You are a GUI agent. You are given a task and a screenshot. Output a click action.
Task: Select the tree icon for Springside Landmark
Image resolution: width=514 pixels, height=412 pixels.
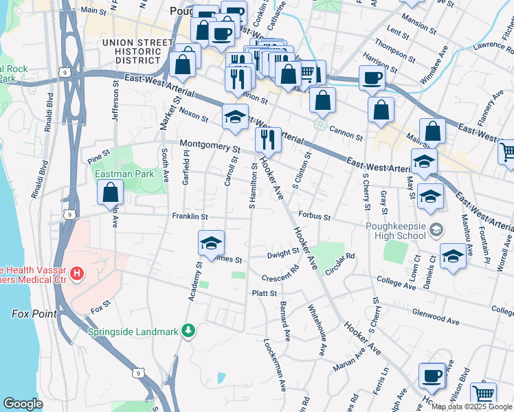(188, 332)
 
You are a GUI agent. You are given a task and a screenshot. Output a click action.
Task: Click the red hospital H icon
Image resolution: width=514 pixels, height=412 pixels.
(77, 274)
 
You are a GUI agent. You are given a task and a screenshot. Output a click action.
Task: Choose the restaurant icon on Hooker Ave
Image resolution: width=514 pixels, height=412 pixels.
(268, 140)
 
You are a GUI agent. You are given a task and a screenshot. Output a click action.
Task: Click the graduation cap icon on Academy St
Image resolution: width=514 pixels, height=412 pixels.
(212, 242)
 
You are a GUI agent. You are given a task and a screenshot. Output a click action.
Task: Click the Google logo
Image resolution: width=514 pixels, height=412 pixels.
(23, 404)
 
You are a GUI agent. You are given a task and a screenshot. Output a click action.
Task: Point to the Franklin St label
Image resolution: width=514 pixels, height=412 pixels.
(190, 216)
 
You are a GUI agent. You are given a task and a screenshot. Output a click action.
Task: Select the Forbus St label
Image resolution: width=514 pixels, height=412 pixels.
(315, 217)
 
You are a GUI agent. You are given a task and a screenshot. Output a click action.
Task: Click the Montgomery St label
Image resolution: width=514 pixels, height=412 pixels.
(210, 146)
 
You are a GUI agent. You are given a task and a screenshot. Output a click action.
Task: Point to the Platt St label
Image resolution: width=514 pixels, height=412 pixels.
(265, 293)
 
